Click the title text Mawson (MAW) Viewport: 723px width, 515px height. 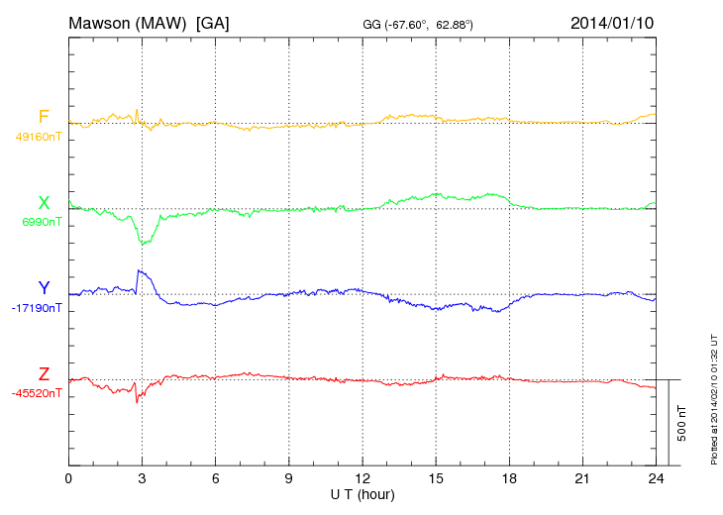tap(128, 23)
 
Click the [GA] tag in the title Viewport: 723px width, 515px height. tap(213, 23)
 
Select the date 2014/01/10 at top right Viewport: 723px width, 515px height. tap(612, 23)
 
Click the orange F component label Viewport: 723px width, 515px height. tap(44, 118)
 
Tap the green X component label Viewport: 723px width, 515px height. tap(44, 203)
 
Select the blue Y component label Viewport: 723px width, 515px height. tap(44, 288)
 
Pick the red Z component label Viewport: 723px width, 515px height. tap(44, 373)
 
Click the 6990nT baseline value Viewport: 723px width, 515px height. tap(42, 223)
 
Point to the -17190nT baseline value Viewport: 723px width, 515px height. tap(38, 308)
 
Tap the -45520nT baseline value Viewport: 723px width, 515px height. tap(38, 393)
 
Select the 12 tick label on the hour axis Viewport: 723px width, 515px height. tap(362, 478)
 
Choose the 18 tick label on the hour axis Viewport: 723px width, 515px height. tap(509, 478)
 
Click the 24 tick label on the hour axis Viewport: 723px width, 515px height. tap(656, 478)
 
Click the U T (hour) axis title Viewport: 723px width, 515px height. tap(362, 493)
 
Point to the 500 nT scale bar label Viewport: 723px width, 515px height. tap(682, 422)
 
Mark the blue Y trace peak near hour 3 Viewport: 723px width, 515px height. tap(140, 270)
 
